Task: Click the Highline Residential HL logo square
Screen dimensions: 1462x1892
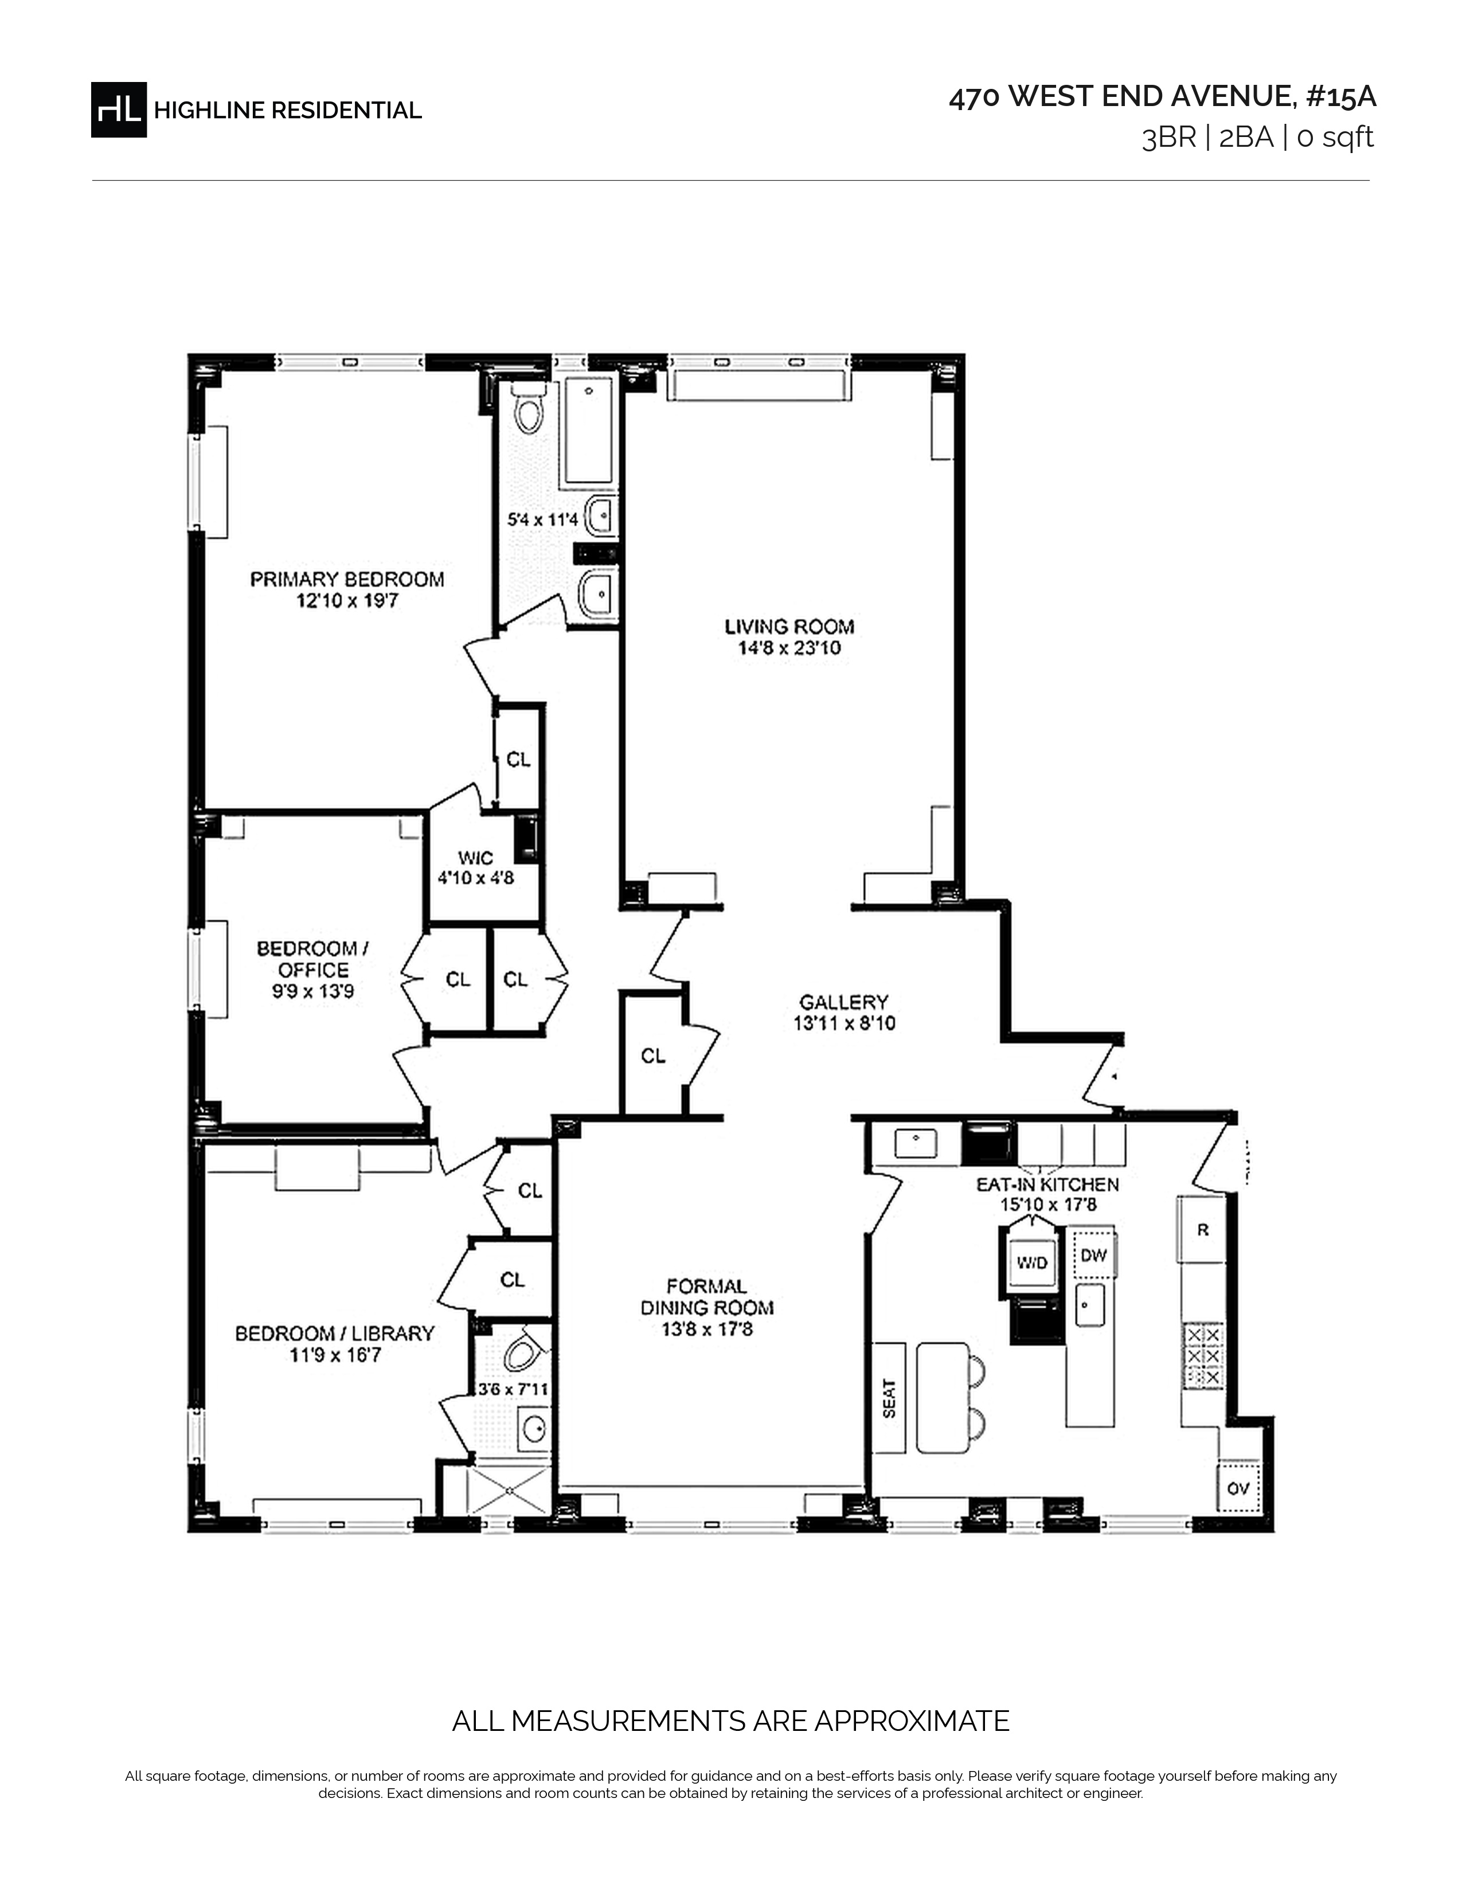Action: tap(119, 109)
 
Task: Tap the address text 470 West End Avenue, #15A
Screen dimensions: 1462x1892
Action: tap(1162, 97)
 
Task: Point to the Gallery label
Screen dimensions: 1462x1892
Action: tap(843, 1002)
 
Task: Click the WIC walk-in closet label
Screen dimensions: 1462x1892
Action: tap(475, 858)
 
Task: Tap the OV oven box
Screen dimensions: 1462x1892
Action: tap(1238, 1487)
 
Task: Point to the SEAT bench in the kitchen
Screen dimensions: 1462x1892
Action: tap(889, 1399)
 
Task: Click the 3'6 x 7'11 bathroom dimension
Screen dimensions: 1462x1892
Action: tap(513, 1390)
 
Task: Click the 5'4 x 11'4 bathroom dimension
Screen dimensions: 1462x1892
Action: tap(542, 520)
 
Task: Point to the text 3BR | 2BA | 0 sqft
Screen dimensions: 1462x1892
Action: tap(1257, 138)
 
